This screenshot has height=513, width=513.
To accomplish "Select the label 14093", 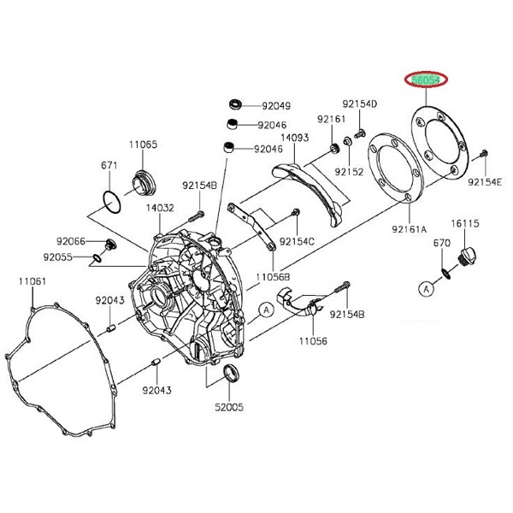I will click(294, 137).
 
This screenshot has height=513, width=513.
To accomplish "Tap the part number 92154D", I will click(360, 103).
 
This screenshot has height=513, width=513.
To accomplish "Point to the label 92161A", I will click(410, 229).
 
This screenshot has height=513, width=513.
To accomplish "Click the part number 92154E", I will click(486, 181).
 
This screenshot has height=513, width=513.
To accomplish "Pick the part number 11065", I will click(144, 144).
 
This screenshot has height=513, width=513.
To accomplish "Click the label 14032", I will click(160, 207).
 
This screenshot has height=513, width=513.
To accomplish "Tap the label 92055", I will click(71, 256).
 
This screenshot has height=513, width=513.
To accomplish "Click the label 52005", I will click(230, 408).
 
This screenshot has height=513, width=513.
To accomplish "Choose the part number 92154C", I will click(297, 241).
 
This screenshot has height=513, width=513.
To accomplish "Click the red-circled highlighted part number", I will click(425, 80).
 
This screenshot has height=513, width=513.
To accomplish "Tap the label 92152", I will click(349, 172).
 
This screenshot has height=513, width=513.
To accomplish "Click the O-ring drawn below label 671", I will click(109, 200).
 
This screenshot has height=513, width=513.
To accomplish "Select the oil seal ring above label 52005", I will click(231, 375).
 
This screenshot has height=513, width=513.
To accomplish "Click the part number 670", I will click(440, 244).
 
